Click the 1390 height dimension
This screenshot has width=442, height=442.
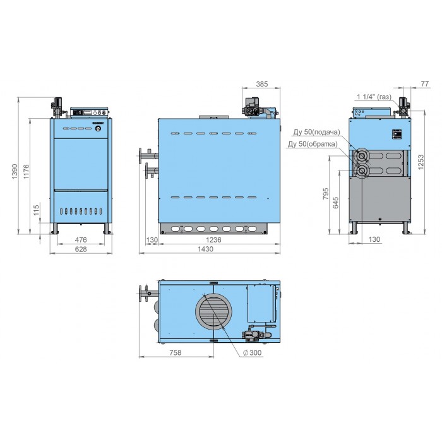[x=15, y=171]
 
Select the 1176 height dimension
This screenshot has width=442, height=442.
[x=27, y=171]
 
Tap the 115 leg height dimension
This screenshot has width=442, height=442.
[x=37, y=210]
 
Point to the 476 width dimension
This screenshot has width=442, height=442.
[x=81, y=240]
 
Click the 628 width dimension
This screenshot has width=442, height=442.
[x=81, y=249]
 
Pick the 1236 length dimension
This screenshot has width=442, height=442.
[x=213, y=240]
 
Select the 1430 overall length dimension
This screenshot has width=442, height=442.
[x=205, y=249]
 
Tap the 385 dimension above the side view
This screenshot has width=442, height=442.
[x=262, y=84]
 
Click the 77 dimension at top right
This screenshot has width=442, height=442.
[x=424, y=84]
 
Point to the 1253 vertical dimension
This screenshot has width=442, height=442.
[x=421, y=162]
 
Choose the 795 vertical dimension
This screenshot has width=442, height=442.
[x=326, y=194]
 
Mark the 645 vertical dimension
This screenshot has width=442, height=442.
[x=336, y=203]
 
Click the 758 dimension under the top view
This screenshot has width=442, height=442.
[x=176, y=352]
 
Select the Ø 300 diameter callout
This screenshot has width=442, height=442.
[x=252, y=352]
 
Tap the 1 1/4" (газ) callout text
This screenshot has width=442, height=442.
[x=374, y=97]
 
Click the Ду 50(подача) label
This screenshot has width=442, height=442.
[x=317, y=132]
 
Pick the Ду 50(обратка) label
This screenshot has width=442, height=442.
[x=313, y=144]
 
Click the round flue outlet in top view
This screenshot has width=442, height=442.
[x=213, y=311]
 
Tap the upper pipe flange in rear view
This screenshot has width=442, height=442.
[x=361, y=156]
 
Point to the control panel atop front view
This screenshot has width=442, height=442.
[x=90, y=112]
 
